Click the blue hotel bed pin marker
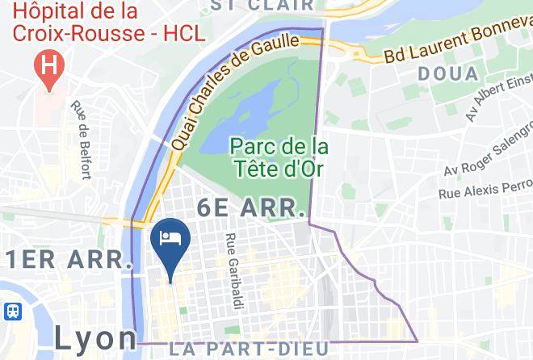[170, 243]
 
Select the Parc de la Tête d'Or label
[279, 158]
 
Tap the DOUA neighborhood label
[447, 74]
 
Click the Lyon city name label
[95, 338]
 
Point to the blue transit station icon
[12, 311]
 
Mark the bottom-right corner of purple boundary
[417, 341]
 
